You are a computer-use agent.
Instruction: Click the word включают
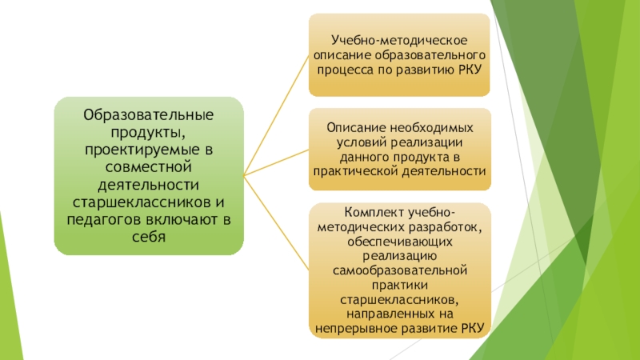click(185, 220)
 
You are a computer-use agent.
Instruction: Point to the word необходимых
click(432, 128)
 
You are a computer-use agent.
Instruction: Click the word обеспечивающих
click(401, 242)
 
